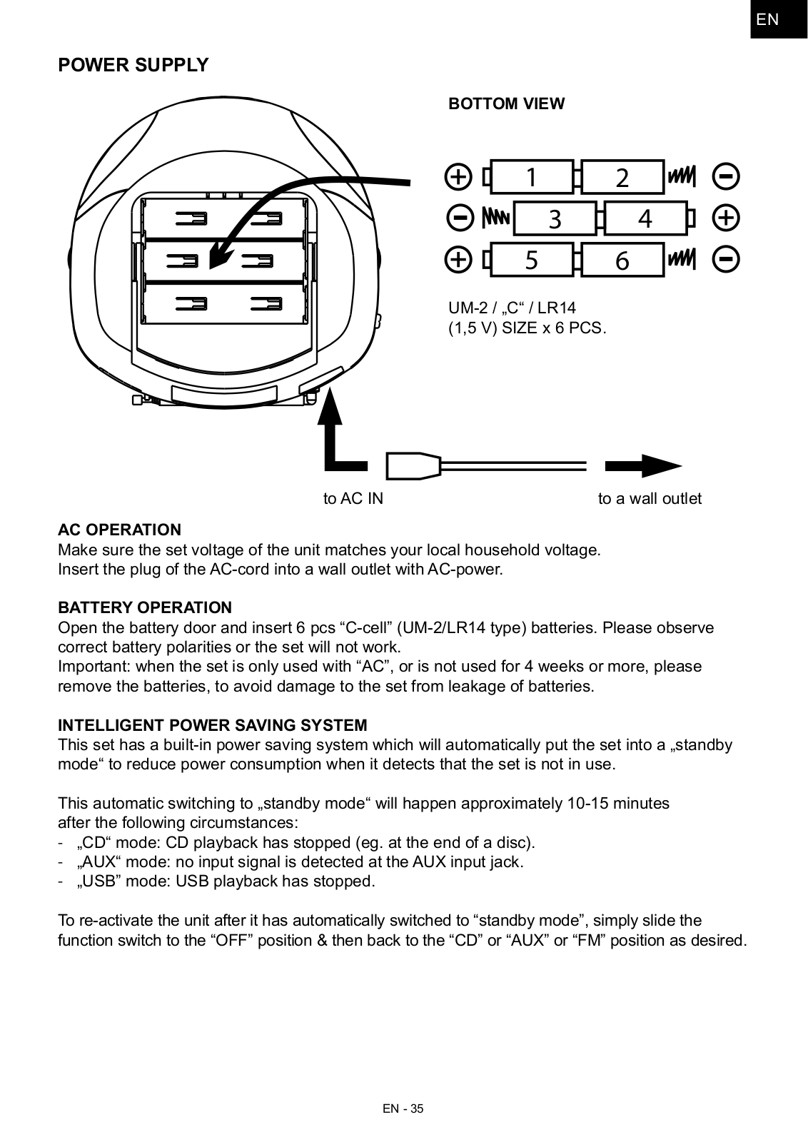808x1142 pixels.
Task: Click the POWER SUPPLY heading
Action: (133, 65)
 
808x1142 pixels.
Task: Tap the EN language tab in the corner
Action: (767, 19)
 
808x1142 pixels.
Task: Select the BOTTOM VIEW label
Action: (506, 104)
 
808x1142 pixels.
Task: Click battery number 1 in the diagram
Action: (532, 177)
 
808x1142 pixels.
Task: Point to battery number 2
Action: (622, 177)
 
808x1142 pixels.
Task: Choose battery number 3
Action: (555, 218)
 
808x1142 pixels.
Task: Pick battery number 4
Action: (645, 218)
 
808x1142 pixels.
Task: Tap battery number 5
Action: (532, 260)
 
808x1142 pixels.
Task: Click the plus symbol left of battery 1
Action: (458, 176)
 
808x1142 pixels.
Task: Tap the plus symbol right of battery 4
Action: (726, 217)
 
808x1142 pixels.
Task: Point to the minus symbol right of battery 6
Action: (726, 258)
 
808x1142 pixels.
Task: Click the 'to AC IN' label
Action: (353, 499)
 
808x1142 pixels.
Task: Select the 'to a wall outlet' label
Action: (650, 499)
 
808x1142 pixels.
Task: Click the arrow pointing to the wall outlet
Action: (642, 465)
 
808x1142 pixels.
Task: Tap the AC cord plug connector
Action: (413, 465)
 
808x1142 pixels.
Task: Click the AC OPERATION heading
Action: (119, 530)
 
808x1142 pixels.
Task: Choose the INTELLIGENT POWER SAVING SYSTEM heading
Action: (212, 725)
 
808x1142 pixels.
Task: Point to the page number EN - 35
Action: (403, 1108)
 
